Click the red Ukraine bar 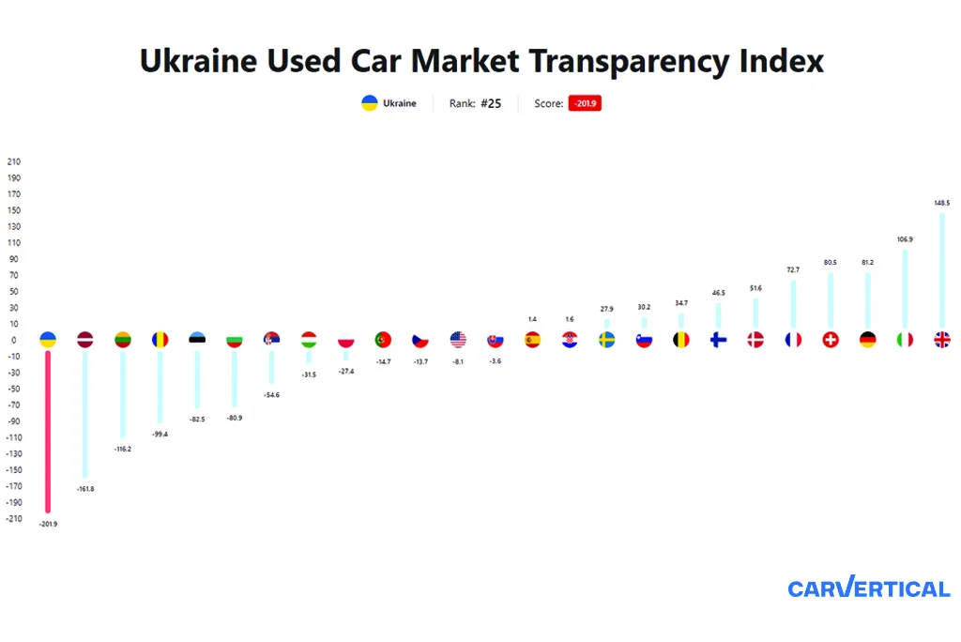48,432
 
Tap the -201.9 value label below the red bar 48,524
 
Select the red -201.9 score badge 584,103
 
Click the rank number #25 491,103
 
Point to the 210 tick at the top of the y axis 13,161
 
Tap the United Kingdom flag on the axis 941,340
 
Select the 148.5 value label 941,203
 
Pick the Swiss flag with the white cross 830,340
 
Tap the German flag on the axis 867,340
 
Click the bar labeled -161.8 85,413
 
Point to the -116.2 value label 123,449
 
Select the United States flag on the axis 458,340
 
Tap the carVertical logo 868,588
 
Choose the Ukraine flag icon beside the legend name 370,103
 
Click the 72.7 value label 793,270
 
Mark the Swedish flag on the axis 607,340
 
